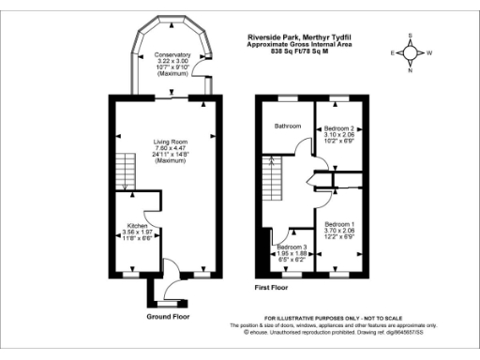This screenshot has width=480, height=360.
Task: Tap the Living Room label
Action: [172, 142]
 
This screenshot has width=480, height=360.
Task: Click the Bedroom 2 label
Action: [337, 127]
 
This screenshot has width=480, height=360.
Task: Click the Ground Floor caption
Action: [171, 317]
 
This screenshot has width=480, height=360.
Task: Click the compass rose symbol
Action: [409, 52]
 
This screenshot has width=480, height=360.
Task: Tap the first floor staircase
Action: [273, 174]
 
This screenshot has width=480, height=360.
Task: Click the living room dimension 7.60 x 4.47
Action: [172, 149]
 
